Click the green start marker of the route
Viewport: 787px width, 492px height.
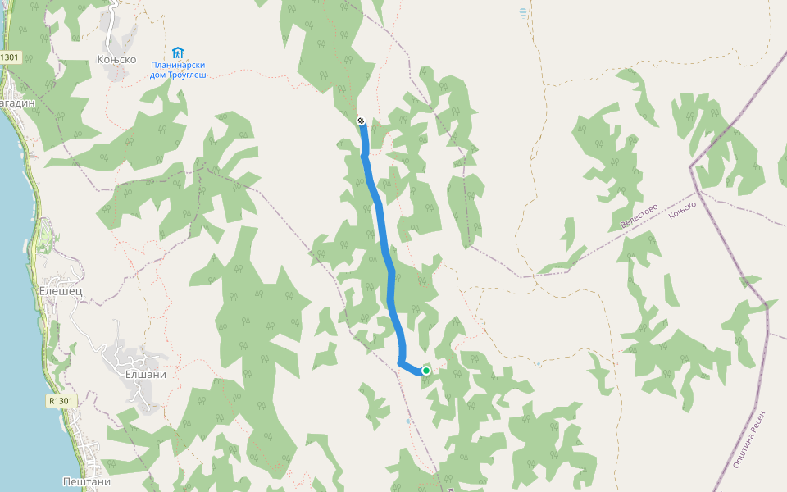point(426,371)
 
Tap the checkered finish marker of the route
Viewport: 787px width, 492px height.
point(361,121)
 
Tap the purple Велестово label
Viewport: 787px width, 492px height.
point(639,216)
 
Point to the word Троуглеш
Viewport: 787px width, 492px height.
point(187,75)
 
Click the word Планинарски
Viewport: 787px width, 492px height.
point(178,65)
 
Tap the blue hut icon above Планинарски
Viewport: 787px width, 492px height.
point(178,52)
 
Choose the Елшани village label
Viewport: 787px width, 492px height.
point(146,374)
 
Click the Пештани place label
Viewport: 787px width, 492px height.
point(86,481)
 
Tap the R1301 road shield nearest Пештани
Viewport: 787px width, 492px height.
point(61,401)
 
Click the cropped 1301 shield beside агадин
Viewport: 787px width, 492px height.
point(9,57)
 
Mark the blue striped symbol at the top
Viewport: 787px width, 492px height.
point(523,12)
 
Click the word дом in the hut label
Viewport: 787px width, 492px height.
point(157,75)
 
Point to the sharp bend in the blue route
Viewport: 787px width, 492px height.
point(400,362)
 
